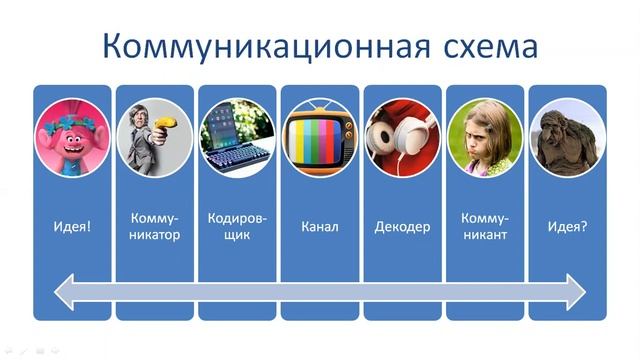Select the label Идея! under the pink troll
point(72,227)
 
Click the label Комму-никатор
point(154,227)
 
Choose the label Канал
point(319,227)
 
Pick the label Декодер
point(402,227)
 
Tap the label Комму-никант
point(485,227)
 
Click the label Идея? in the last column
point(567,227)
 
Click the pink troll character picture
point(72,139)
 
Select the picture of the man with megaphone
point(154,139)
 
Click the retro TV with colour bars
point(319,139)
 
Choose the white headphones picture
point(402,139)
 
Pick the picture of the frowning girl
point(485,139)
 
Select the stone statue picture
point(567,139)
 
